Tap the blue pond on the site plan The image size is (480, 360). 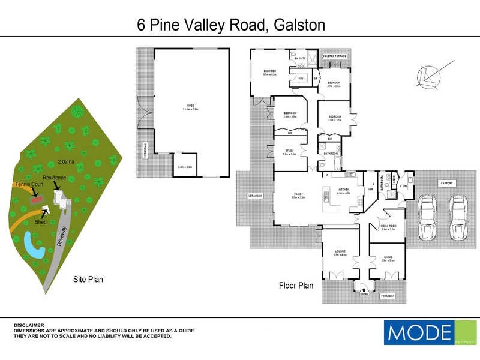point(31,246)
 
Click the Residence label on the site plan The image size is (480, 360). point(63,178)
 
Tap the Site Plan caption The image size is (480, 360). point(88,279)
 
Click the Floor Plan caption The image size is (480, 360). point(296,286)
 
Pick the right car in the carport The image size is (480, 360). point(459,216)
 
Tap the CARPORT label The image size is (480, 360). point(446,183)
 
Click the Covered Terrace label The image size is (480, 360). point(334,56)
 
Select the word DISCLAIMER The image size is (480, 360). point(28,325)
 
